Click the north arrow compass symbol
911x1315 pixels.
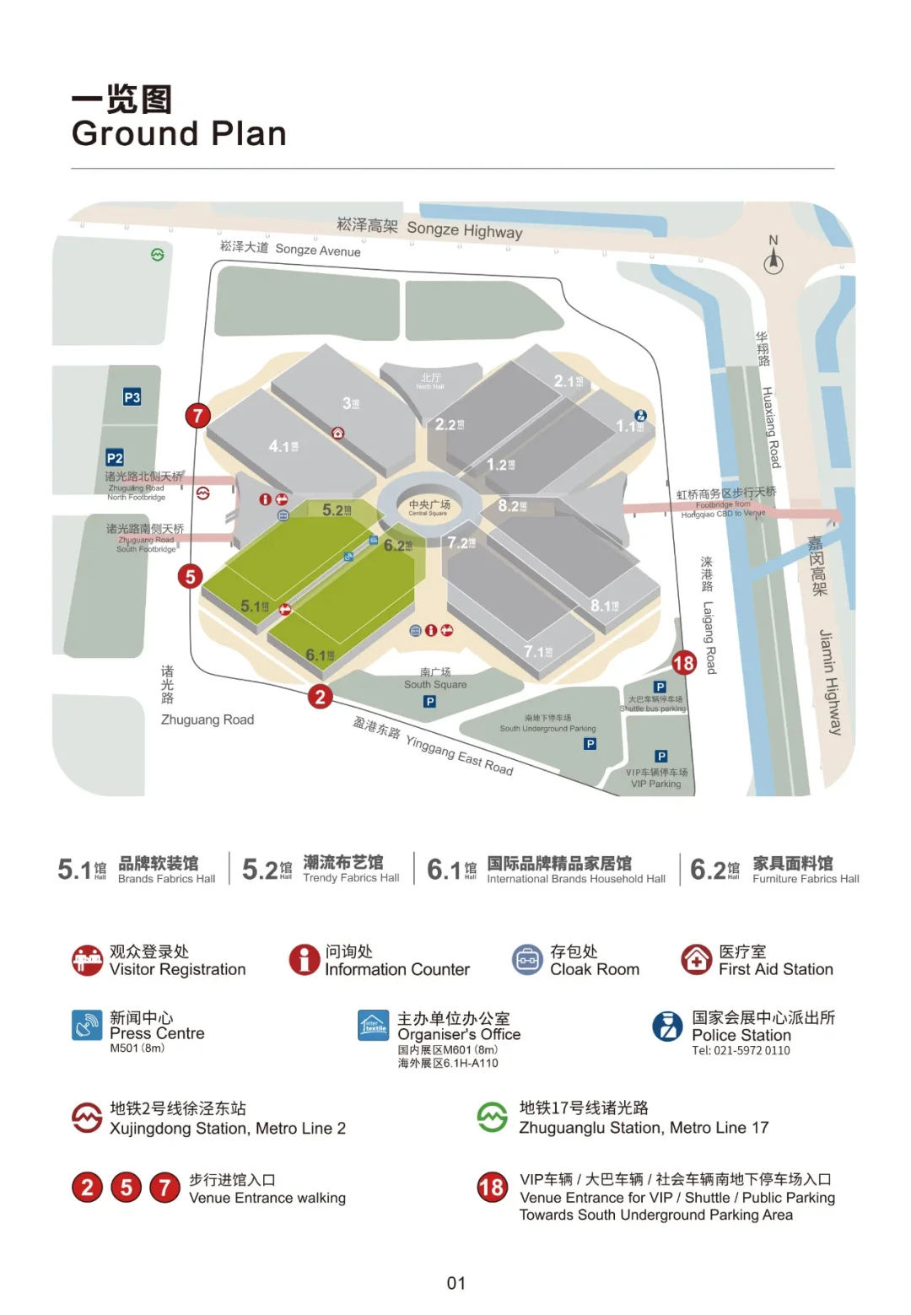tap(774, 260)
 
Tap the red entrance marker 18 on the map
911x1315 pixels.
tap(683, 663)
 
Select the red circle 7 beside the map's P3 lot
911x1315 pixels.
tap(197, 415)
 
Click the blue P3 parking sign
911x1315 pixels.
tap(132, 397)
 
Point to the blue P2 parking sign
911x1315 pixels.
tap(115, 458)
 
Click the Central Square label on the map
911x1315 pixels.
tap(429, 507)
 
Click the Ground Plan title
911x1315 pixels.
tap(179, 133)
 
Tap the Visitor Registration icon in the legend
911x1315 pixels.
tap(88, 960)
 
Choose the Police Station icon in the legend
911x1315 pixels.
tap(667, 1026)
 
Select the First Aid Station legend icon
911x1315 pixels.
tap(697, 960)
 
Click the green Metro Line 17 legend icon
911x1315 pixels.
tap(493, 1118)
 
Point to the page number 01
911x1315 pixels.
tap(455, 1283)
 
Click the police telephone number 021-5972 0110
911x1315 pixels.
tap(741, 1051)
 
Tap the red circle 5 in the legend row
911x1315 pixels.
tap(127, 1188)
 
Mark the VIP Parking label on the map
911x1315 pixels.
tap(656, 779)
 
